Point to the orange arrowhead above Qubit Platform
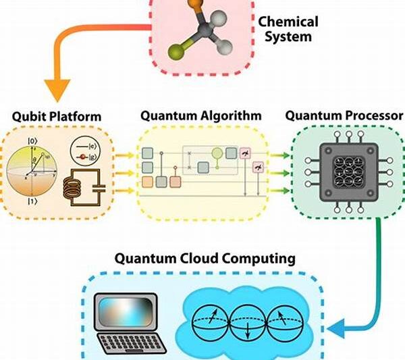57,88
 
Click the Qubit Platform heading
57,116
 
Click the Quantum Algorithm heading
201,115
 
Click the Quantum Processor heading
344,115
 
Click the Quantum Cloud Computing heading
205,258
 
